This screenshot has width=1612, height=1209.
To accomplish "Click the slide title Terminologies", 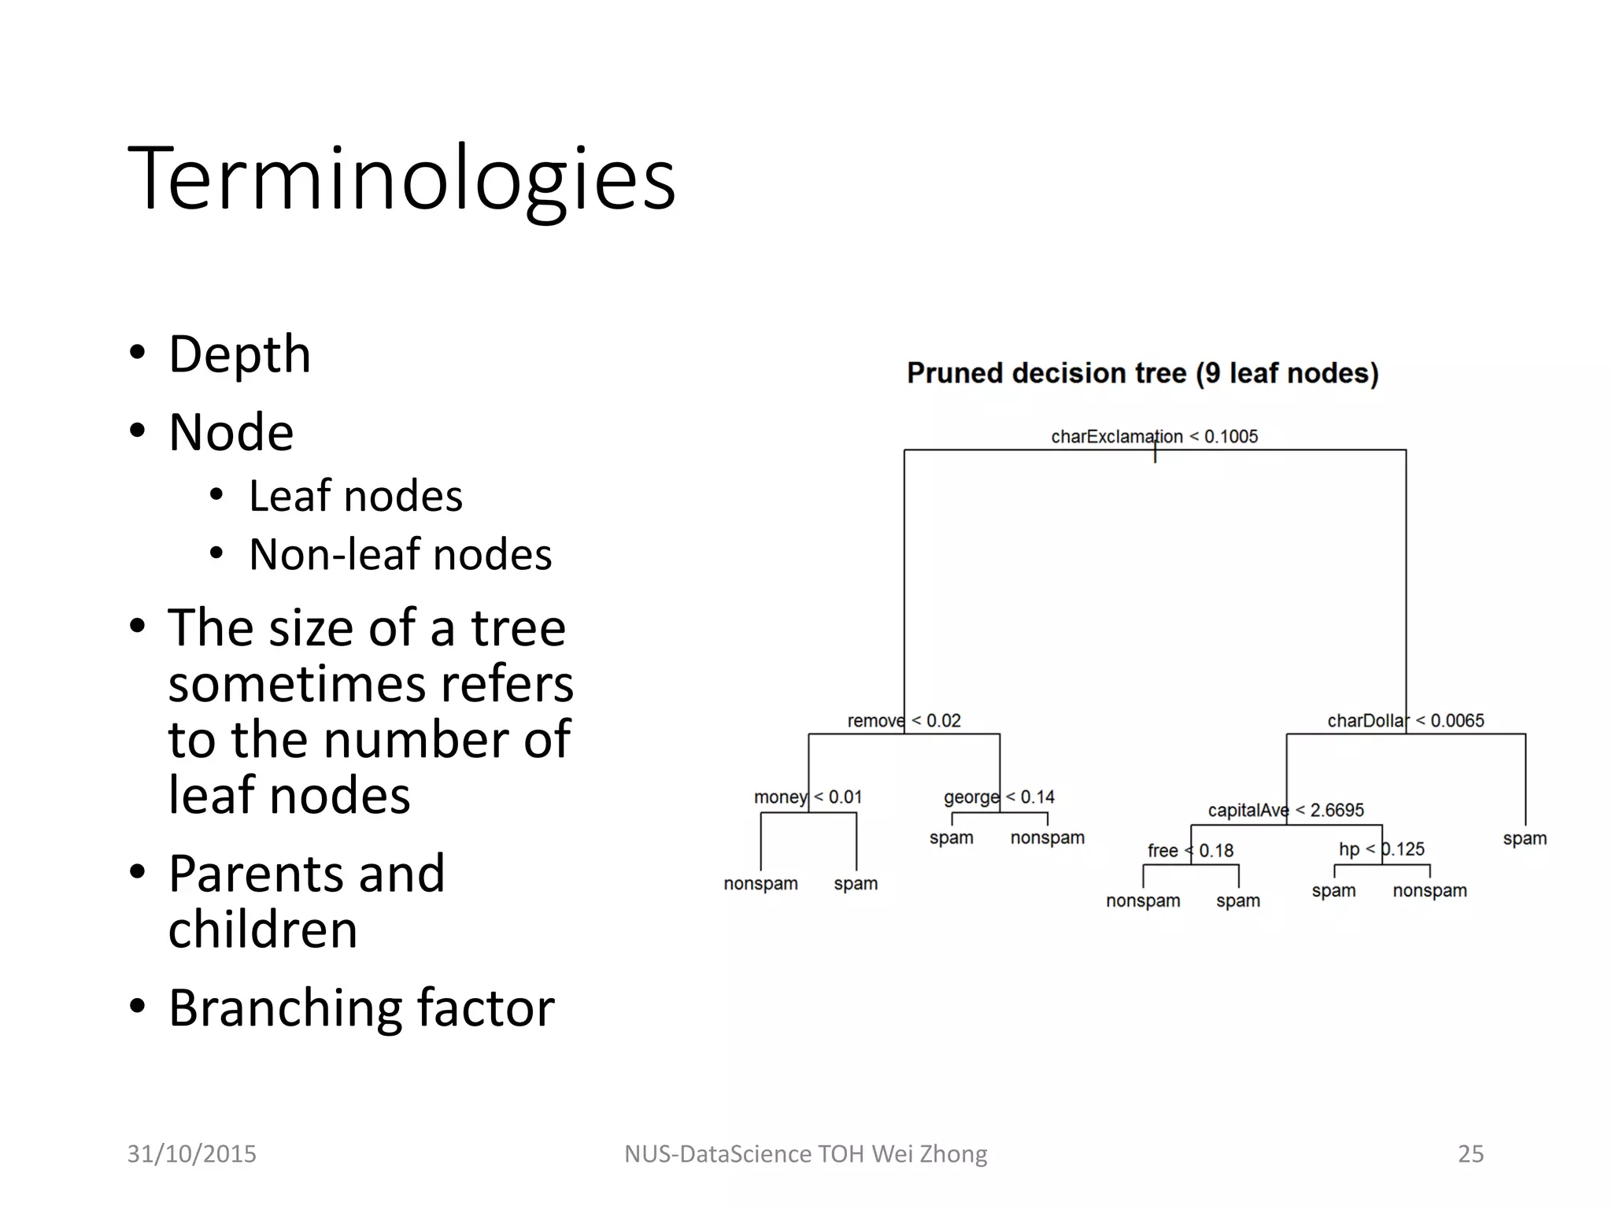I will tap(401, 179).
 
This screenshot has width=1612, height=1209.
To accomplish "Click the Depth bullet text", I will tap(239, 354).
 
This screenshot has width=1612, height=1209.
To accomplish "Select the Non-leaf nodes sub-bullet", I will tap(400, 554).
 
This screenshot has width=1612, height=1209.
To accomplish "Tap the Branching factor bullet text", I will tap(361, 1008).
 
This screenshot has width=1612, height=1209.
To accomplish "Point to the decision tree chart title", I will tap(1142, 373).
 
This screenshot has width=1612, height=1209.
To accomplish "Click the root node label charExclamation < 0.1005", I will tap(1154, 436).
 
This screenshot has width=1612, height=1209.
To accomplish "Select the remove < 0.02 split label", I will tap(904, 720).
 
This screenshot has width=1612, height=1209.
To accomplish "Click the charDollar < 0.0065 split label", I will tap(1405, 720).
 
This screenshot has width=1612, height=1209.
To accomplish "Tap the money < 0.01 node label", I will tap(808, 797).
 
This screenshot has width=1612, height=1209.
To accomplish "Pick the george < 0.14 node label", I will tap(999, 797).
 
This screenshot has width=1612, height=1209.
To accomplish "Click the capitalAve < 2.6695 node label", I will tap(1285, 810).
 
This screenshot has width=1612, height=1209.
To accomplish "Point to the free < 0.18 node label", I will tap(1190, 851).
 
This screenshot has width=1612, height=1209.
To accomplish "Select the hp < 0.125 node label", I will tap(1381, 849).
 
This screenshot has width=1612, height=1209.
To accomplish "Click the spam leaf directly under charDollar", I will tap(1525, 838).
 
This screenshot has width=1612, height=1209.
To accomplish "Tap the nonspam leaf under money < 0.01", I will tap(760, 884).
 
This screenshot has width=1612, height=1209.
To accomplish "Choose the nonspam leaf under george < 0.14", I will tap(1047, 837).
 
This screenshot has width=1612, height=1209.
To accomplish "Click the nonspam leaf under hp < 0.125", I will tap(1429, 891).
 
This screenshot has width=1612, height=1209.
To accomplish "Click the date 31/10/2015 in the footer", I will tap(192, 1154).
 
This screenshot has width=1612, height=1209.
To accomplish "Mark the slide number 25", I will tap(1470, 1154).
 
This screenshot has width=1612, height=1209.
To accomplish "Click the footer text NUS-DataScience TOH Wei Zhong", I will tap(805, 1154).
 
